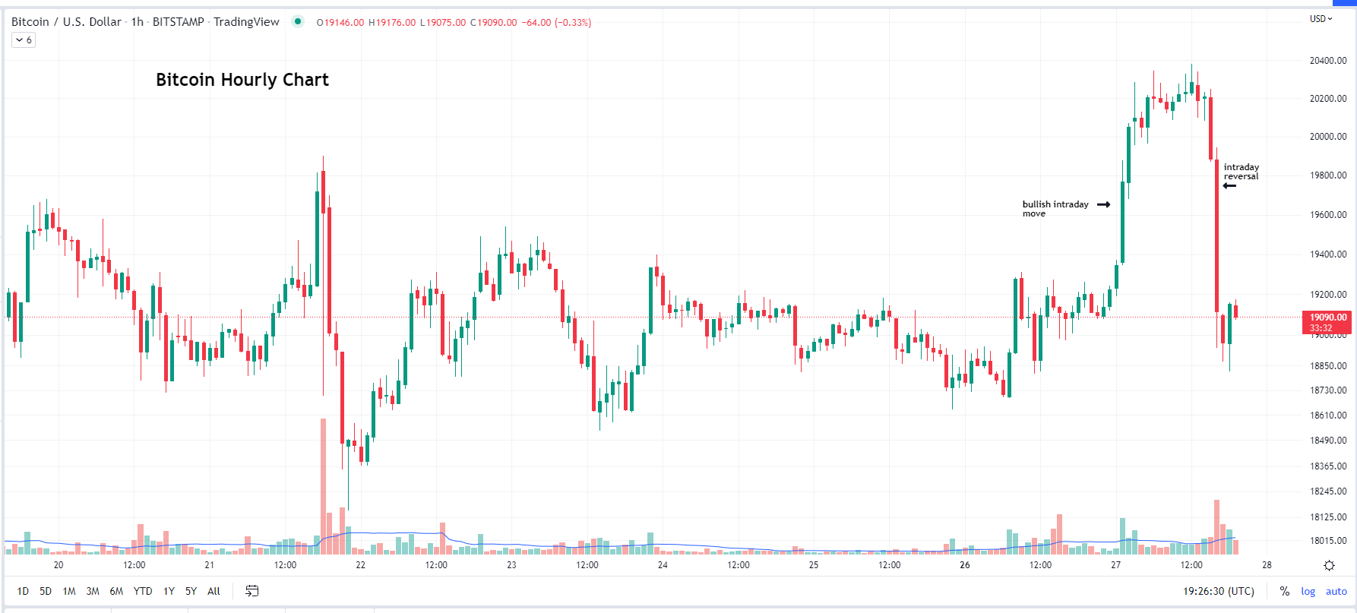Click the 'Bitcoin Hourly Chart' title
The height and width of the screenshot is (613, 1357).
[242, 80]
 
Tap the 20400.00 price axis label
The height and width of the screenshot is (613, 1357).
[1327, 61]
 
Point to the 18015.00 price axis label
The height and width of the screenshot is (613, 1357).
[1327, 541]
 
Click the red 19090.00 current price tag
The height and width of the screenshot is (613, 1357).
[1327, 318]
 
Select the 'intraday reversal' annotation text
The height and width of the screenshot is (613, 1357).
[1241, 172]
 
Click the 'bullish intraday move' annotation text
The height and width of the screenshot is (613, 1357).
[1055, 208]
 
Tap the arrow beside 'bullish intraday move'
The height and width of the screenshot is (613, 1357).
[1104, 204]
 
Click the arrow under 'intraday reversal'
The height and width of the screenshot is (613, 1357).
[1229, 185]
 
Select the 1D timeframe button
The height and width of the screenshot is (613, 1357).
[23, 591]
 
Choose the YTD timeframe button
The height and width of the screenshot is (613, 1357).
[143, 591]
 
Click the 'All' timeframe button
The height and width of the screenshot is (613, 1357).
[214, 591]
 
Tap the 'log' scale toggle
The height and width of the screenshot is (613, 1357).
[1308, 591]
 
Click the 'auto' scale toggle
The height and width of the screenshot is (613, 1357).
[1336, 591]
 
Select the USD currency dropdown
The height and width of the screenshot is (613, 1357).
[1321, 19]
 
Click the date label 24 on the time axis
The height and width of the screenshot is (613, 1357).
[663, 565]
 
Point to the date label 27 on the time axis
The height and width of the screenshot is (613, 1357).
[1115, 565]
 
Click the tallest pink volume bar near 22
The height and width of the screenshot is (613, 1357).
[323, 486]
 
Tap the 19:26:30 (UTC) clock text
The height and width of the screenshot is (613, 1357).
[1218, 591]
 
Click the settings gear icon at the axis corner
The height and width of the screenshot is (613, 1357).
[1329, 565]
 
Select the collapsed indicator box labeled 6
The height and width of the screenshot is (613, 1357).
[24, 40]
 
